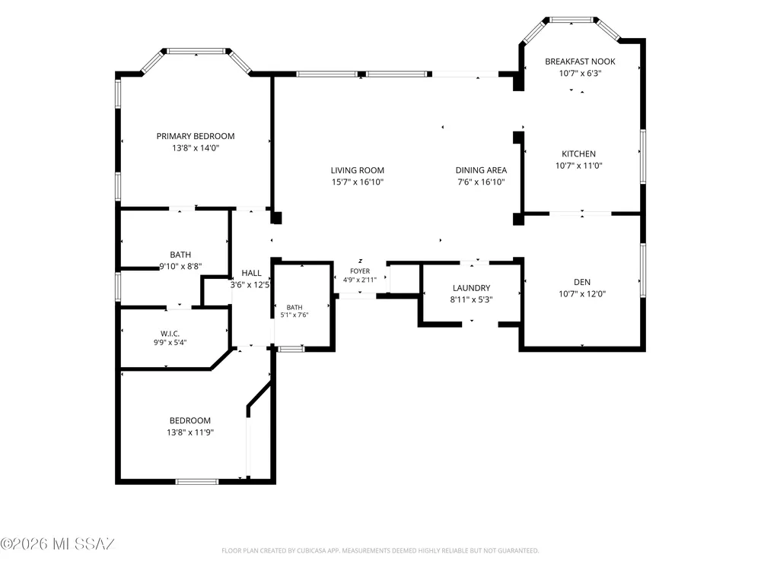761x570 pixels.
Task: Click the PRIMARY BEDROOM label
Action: click(195, 136)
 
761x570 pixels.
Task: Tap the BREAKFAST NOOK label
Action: click(580, 62)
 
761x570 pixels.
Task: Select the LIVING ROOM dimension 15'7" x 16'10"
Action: click(357, 182)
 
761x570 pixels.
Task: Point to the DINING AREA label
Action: click(481, 170)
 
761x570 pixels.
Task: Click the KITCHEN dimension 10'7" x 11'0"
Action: click(578, 166)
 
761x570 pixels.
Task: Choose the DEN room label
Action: click(582, 282)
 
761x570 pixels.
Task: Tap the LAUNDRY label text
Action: click(471, 288)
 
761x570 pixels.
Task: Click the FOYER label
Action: click(360, 271)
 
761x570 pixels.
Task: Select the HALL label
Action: click(251, 274)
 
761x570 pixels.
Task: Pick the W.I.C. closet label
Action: click(170, 334)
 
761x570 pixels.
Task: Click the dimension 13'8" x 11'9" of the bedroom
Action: click(190, 432)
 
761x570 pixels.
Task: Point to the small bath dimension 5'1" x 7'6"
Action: click(294, 315)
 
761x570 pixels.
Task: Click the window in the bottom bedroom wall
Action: click(196, 481)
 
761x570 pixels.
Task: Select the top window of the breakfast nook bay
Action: click(572, 20)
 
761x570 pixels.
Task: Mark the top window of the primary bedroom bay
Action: click(196, 51)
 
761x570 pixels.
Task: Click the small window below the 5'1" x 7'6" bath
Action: click(291, 349)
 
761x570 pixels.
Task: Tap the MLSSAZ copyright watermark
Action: click(57, 544)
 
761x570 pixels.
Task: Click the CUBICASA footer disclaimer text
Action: click(380, 550)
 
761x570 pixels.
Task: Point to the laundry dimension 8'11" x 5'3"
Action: click(471, 299)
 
